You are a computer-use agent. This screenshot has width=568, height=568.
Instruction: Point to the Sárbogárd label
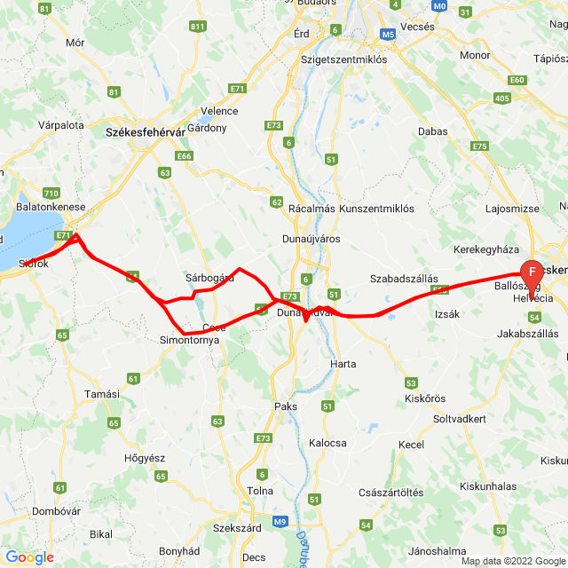coord(209,277)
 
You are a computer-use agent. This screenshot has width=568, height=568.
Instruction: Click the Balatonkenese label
coord(51,207)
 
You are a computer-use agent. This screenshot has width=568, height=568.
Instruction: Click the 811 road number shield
coord(197,28)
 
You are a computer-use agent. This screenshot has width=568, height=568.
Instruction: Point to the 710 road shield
coord(51,193)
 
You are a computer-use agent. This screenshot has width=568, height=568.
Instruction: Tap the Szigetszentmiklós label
coord(343,59)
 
